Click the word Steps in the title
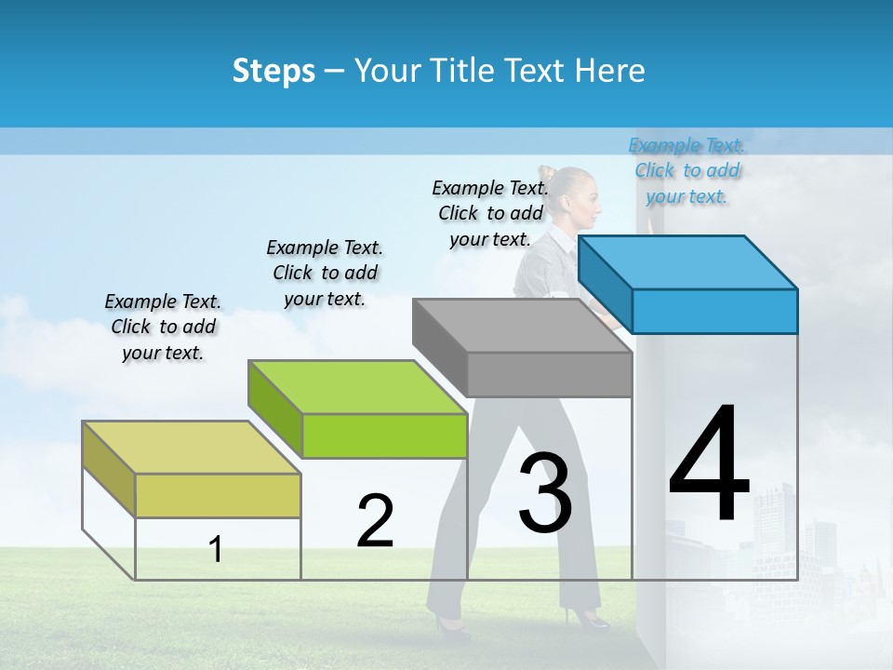(273, 71)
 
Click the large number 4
(709, 465)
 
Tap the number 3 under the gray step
(545, 493)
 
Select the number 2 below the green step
(375, 521)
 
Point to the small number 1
(216, 549)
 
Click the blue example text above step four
(686, 170)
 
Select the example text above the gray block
(490, 213)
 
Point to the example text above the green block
(325, 273)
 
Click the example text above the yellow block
(163, 327)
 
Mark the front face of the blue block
(714, 311)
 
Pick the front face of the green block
(384, 435)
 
